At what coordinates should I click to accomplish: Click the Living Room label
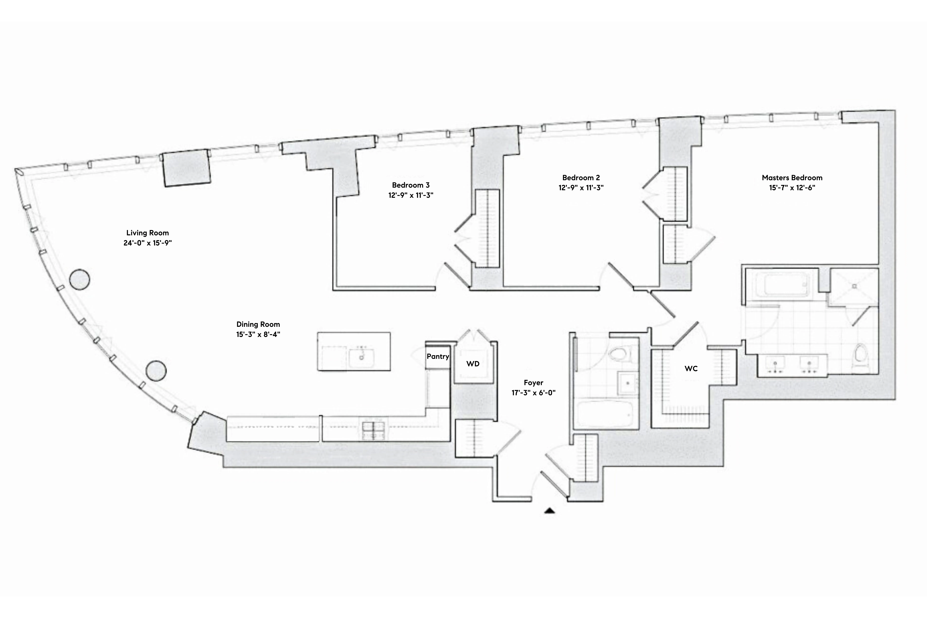[x=147, y=233]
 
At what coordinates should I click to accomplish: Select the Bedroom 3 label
[x=411, y=185]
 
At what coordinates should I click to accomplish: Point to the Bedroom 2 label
[x=581, y=178]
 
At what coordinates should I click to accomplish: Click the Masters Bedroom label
[x=792, y=178]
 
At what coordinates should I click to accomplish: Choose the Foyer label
[x=533, y=383]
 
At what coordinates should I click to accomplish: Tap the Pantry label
[x=438, y=356]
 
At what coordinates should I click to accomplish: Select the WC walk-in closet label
[x=691, y=369]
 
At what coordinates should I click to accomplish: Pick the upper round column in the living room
[x=80, y=280]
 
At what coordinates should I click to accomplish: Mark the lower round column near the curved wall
[x=156, y=371]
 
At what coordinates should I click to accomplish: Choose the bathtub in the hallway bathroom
[x=605, y=414]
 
